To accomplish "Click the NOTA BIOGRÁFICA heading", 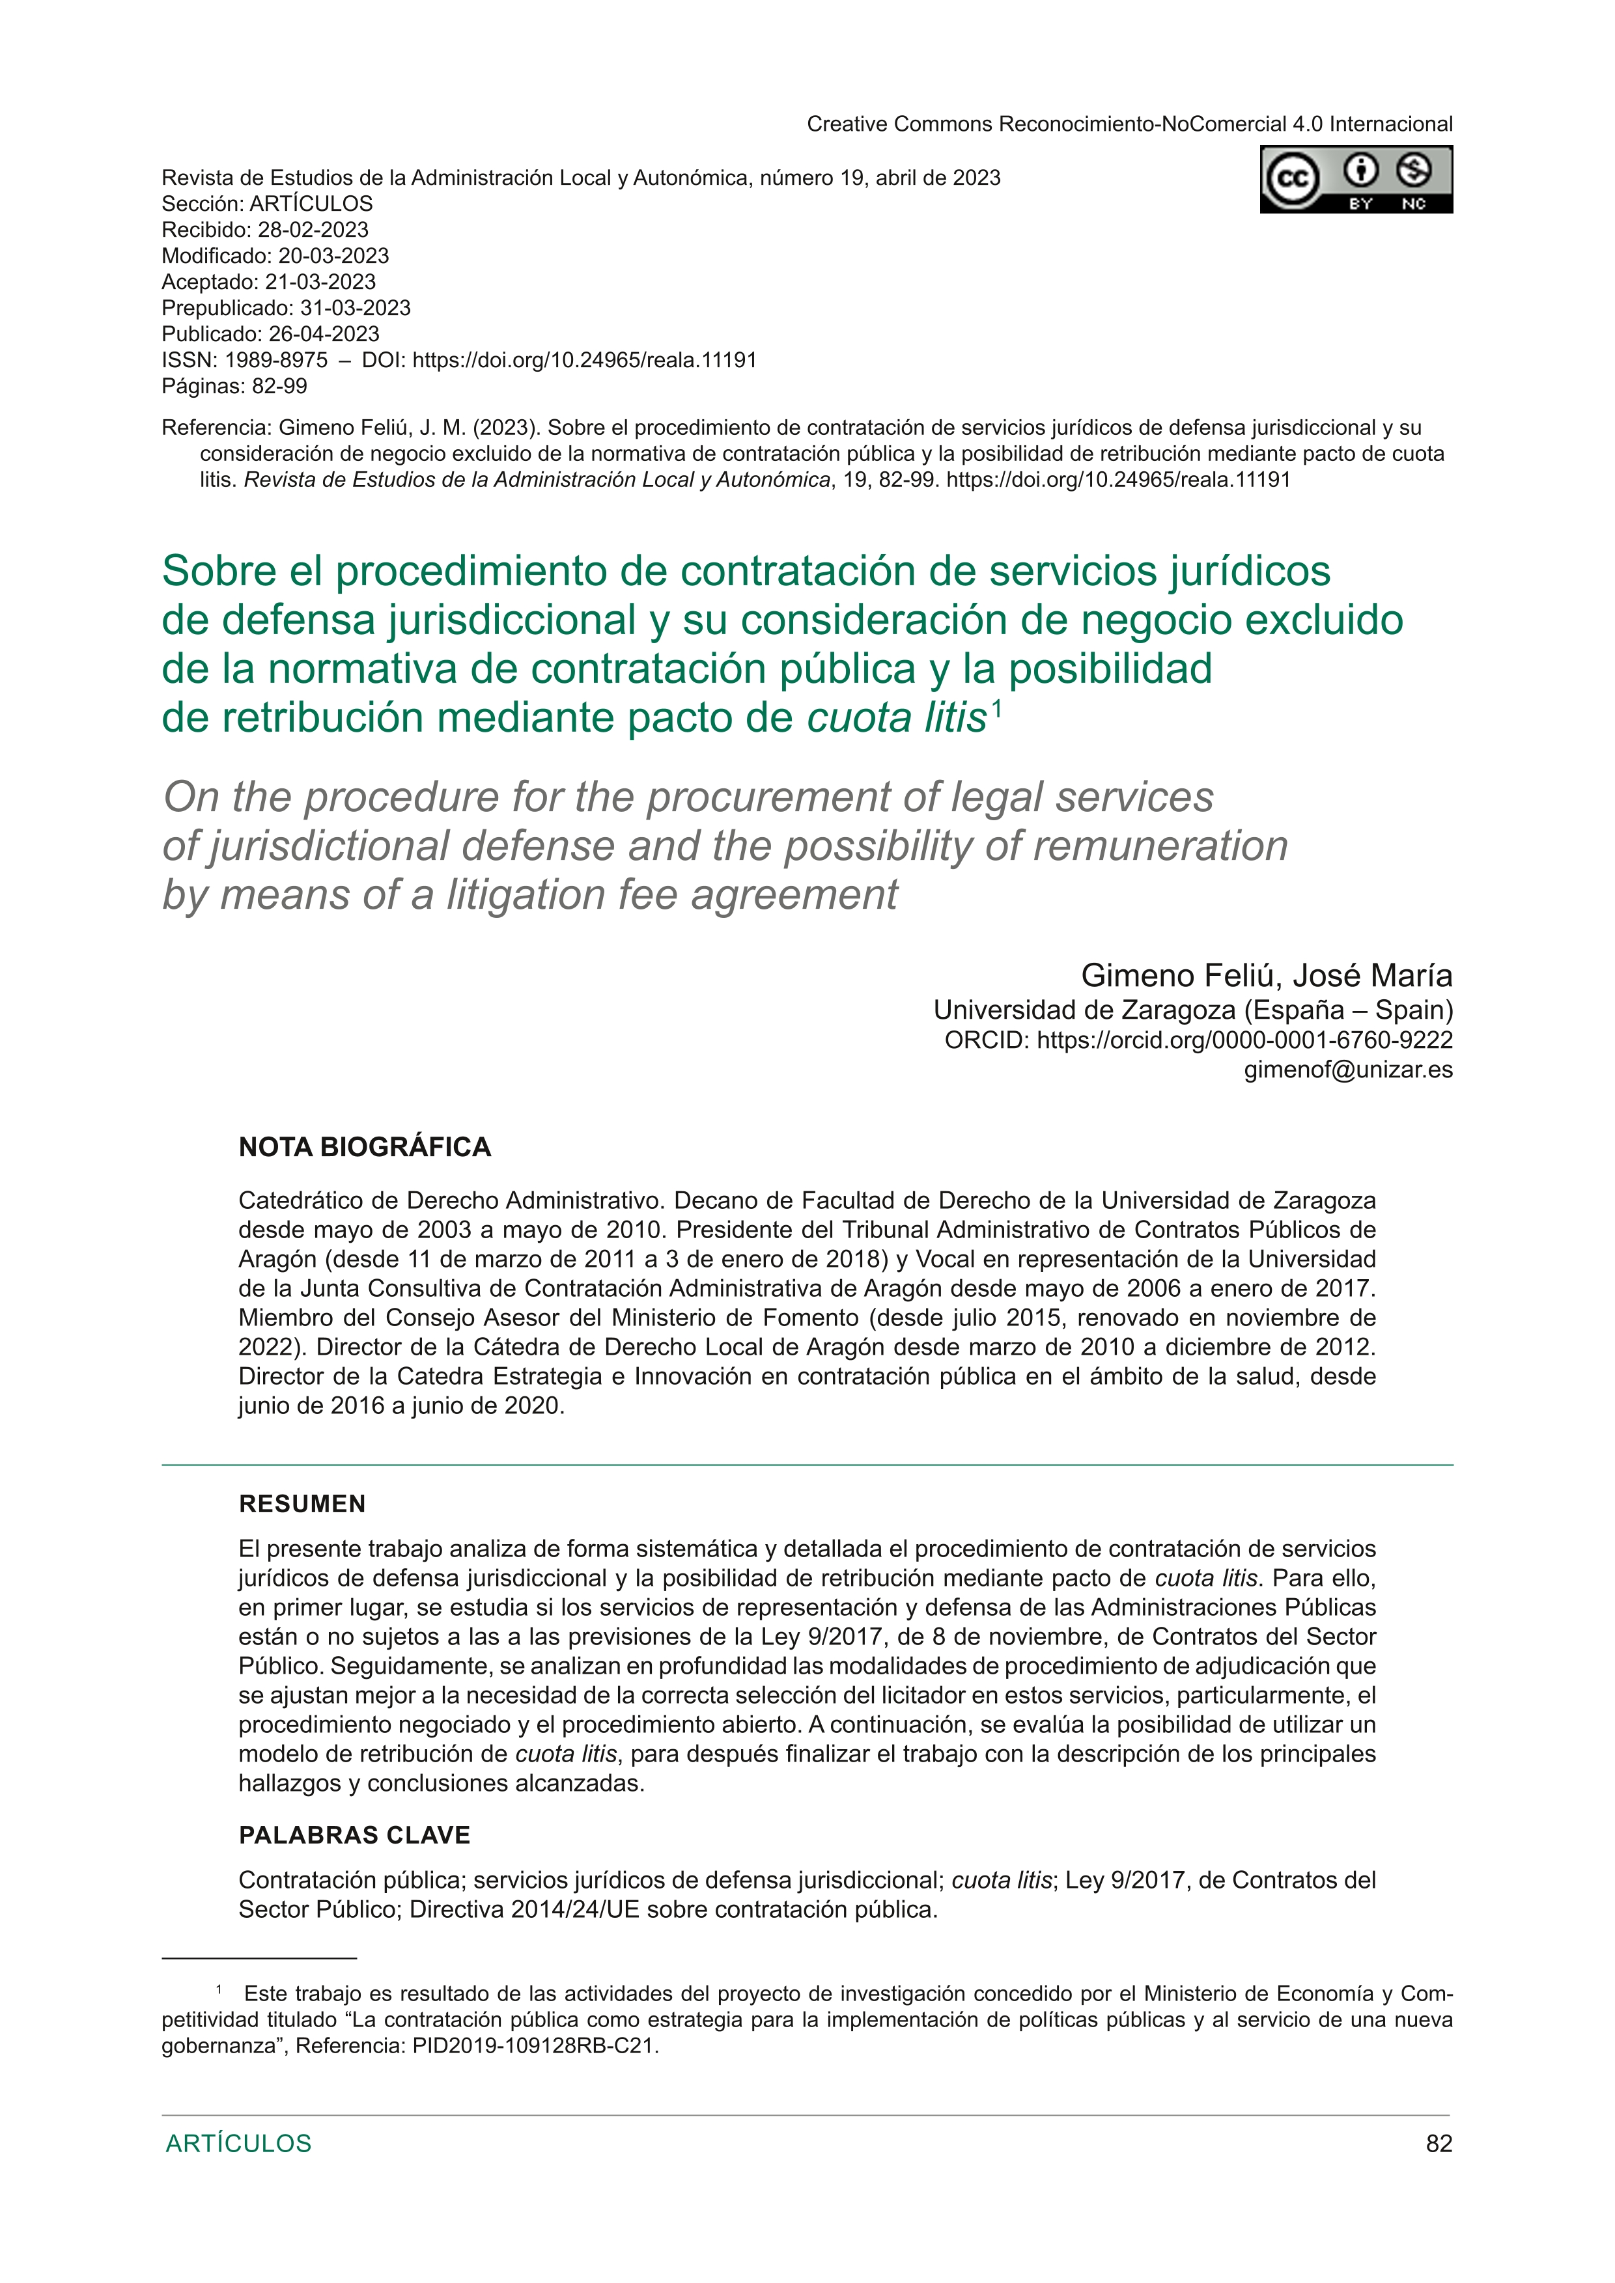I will point(365,1148).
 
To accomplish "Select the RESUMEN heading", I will point(302,1504).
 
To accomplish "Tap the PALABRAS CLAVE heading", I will point(354,1836).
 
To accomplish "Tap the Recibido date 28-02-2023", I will point(313,230).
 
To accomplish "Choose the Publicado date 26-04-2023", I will point(324,334).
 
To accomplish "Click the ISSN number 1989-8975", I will point(277,360).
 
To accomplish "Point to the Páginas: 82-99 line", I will point(234,386).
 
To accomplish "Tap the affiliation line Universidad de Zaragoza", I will point(1084,1010).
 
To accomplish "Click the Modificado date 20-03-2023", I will point(333,256).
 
